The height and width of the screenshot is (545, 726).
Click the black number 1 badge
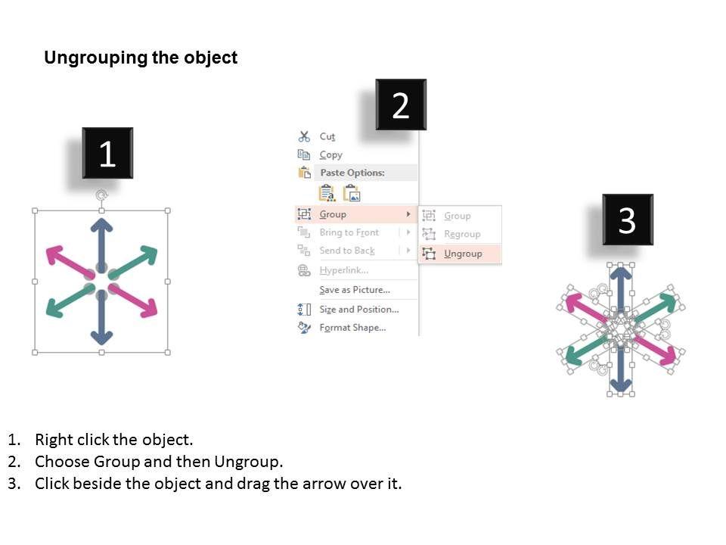(x=107, y=154)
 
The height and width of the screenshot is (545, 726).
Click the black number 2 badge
(x=401, y=105)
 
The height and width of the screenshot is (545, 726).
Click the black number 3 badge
(x=627, y=220)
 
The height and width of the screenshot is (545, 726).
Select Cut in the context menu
(x=327, y=136)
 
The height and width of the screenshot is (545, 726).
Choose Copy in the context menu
(x=330, y=154)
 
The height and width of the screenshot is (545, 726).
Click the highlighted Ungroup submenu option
(x=463, y=254)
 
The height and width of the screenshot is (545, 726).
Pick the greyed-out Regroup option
(x=462, y=234)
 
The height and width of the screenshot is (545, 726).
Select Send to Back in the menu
(x=346, y=251)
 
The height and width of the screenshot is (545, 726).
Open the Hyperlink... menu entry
(x=343, y=270)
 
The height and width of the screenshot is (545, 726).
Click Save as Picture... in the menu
(x=354, y=290)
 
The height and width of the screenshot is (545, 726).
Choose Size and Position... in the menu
(x=358, y=309)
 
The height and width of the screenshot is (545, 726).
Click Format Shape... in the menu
(x=352, y=328)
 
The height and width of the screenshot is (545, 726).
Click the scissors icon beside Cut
(x=304, y=136)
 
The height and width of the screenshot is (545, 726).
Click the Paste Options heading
(x=352, y=173)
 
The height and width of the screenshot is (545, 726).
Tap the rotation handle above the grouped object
(x=101, y=196)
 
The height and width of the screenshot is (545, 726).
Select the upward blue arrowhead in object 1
(x=101, y=225)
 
